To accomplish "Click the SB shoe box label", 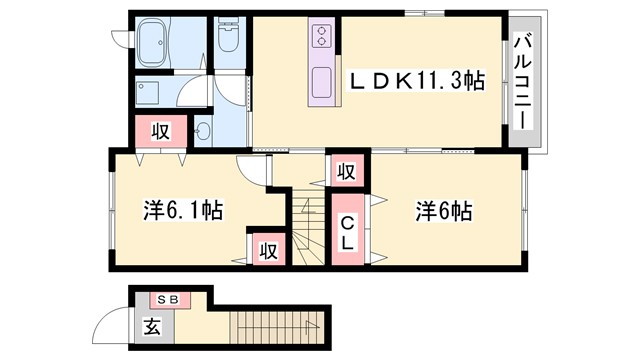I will click(166, 298).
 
